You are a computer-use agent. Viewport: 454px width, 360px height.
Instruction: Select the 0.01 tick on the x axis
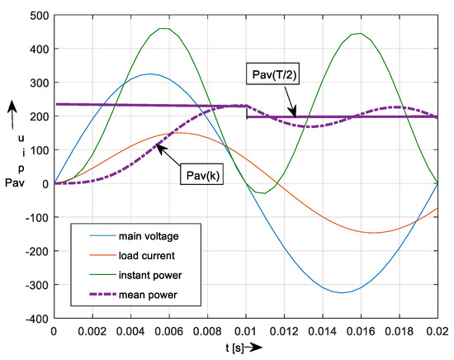coord(248,330)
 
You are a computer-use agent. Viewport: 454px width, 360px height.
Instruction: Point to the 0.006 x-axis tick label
coord(171,330)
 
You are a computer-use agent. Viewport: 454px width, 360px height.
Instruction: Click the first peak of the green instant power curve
coord(165,28)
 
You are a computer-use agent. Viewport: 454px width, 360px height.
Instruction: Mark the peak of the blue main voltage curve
coord(150,73)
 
